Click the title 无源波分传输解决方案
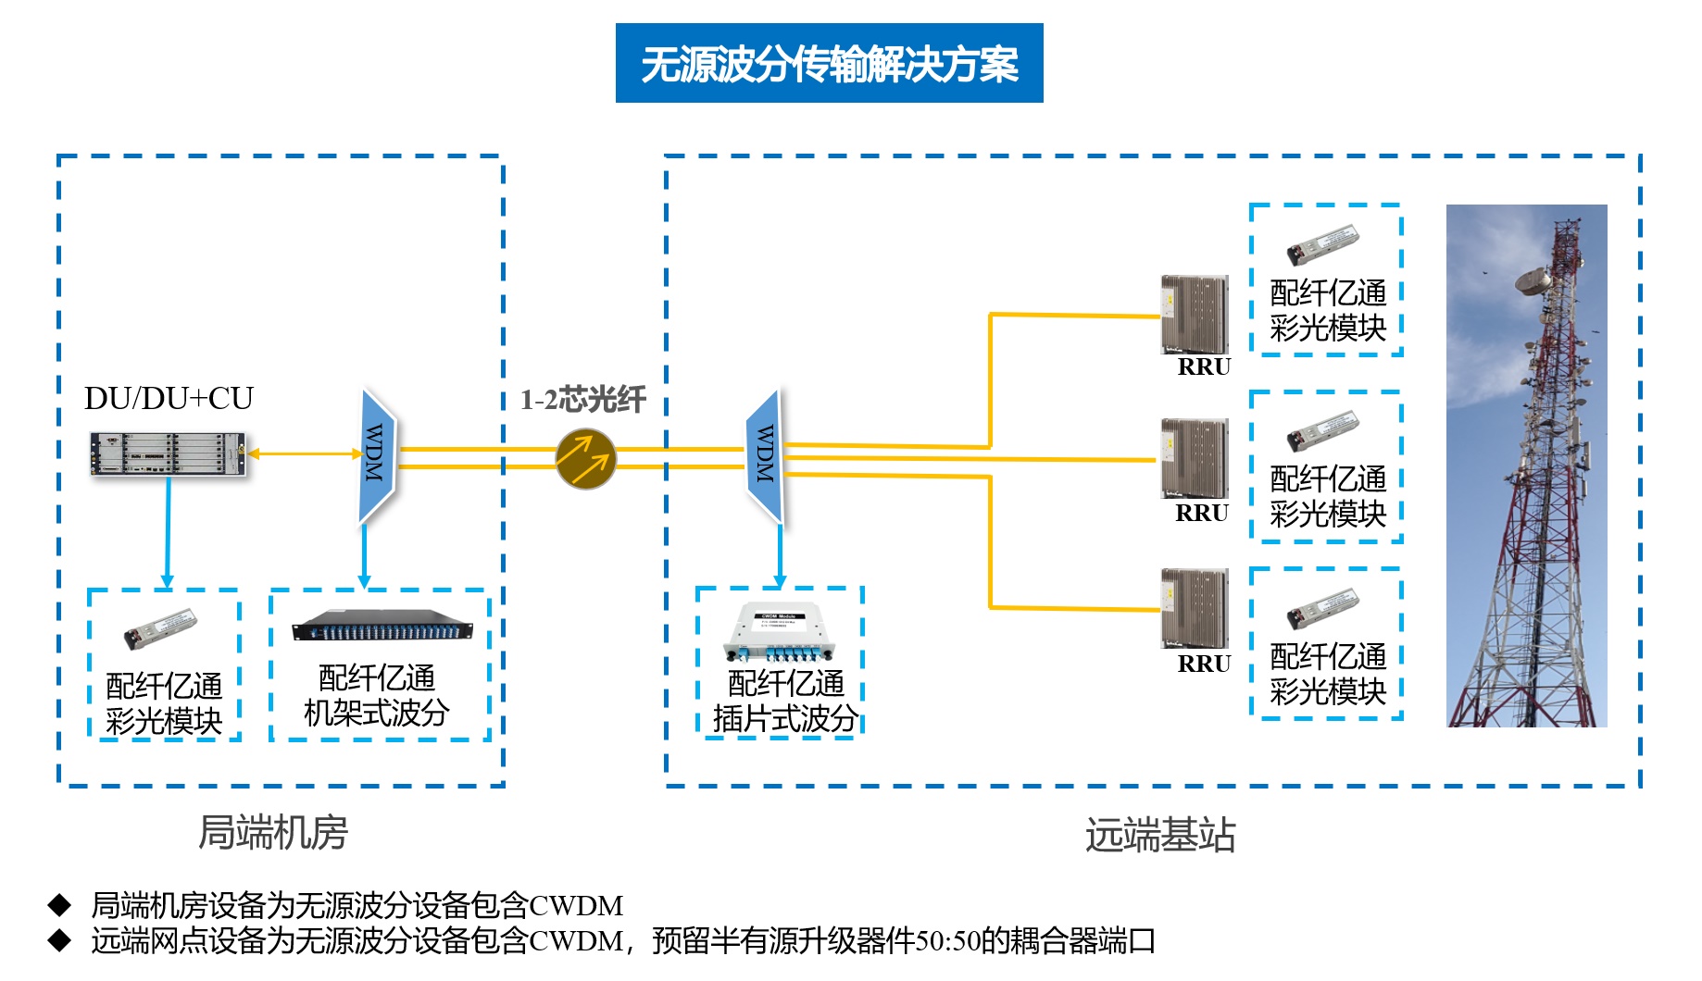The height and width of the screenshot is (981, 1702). (x=829, y=64)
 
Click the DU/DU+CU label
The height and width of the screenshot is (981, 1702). (x=169, y=399)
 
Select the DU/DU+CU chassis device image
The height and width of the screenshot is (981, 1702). (x=168, y=454)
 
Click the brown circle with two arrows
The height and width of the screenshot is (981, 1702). (x=585, y=459)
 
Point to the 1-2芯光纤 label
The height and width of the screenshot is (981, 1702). (x=582, y=400)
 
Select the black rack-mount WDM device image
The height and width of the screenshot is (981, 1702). (x=382, y=626)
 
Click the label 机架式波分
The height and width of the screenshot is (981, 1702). (x=377, y=713)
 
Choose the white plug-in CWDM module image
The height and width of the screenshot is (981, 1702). (x=779, y=631)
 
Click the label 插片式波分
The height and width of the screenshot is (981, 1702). (x=785, y=718)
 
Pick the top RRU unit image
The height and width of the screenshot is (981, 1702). (x=1195, y=314)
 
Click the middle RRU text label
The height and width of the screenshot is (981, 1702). (x=1202, y=514)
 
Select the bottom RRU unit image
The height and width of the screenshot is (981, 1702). (x=1195, y=607)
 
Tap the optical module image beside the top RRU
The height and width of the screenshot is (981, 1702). (x=1322, y=245)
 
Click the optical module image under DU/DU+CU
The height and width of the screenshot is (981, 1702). (x=160, y=628)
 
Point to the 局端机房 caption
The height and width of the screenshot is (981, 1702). (x=273, y=832)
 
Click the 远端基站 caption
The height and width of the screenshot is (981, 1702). (x=1159, y=835)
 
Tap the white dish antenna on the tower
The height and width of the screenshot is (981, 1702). (x=1533, y=279)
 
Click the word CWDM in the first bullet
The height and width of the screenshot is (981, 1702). (x=576, y=905)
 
